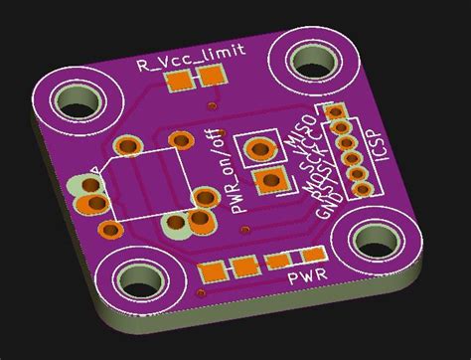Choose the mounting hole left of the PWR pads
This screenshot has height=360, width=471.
click(134, 280)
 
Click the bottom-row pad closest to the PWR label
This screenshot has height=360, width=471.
click(274, 262)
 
